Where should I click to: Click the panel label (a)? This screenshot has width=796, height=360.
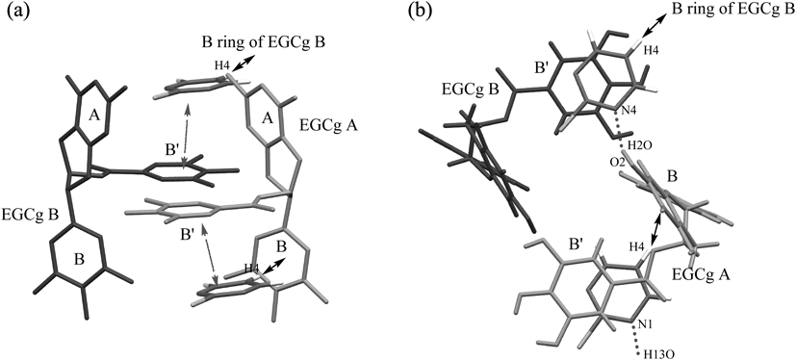(x=17, y=13)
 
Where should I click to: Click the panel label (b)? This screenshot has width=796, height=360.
(x=421, y=13)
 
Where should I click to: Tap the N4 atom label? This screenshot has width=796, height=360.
(x=625, y=109)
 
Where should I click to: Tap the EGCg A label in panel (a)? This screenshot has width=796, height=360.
(x=329, y=123)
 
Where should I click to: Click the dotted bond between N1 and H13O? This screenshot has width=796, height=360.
(x=636, y=338)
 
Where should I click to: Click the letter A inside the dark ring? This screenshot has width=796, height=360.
(x=94, y=116)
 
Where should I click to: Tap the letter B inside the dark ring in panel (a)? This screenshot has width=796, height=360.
(x=79, y=260)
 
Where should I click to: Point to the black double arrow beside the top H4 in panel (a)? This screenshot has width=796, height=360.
(x=242, y=64)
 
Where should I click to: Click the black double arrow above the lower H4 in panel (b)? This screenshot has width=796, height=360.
(x=656, y=227)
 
